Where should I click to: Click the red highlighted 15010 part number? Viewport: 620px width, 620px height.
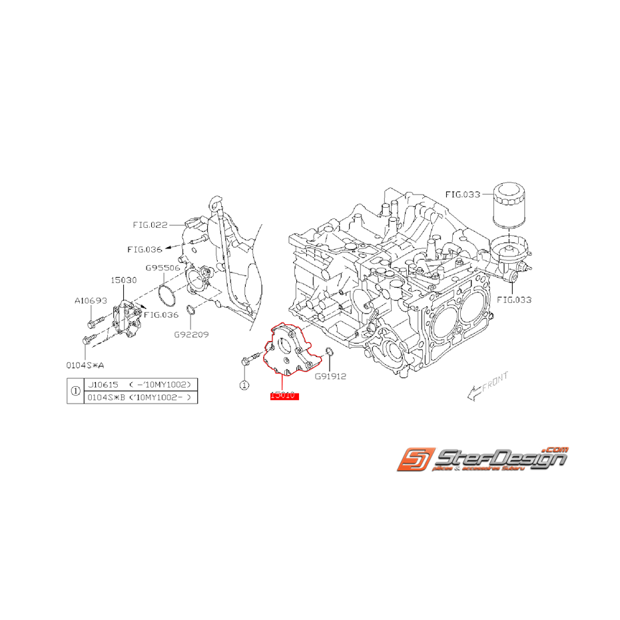[284, 396]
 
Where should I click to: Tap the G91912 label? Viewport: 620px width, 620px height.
[330, 376]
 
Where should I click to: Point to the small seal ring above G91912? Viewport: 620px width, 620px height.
[329, 352]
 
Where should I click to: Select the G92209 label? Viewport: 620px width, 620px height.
[190, 334]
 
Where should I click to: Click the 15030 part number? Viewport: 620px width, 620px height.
[124, 280]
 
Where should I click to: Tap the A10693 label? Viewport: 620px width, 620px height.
[91, 300]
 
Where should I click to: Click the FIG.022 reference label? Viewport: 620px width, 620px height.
[150, 224]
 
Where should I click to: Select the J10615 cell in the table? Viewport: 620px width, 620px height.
[102, 385]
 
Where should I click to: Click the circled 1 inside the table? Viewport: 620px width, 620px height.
[75, 392]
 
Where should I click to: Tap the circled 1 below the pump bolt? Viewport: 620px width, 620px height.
[244, 385]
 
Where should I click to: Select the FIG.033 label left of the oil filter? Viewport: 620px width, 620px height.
[462, 194]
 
